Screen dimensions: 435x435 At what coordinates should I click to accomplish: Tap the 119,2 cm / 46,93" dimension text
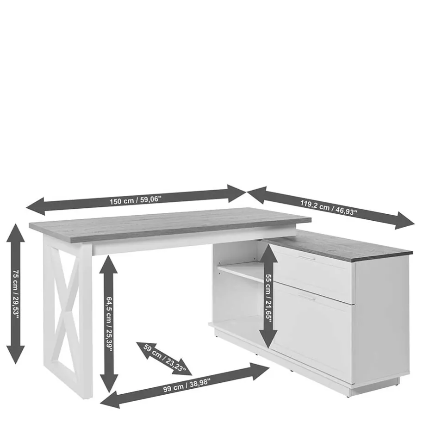(329, 207)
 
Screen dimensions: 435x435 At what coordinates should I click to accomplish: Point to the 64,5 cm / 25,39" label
(109, 324)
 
